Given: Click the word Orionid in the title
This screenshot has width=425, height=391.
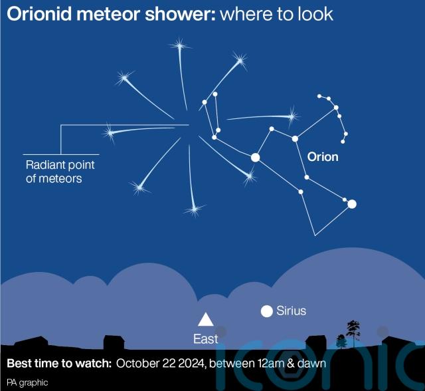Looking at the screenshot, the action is tap(40, 14).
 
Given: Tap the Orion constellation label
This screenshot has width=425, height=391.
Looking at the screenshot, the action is tap(323, 157).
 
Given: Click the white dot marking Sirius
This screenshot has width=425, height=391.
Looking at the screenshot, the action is tap(267, 311).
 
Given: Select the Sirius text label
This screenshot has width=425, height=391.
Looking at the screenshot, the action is tap(291, 311).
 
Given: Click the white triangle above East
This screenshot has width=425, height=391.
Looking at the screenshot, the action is tap(206, 319).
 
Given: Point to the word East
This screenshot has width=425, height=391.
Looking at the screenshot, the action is tap(205, 338).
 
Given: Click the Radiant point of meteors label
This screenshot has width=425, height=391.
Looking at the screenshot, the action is tap(60, 172).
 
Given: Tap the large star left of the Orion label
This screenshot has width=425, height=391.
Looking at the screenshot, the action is tap(255, 158).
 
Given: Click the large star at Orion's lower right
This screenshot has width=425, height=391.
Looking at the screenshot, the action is tap(352, 204).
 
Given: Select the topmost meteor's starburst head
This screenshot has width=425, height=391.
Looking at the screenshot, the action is tap(179, 46).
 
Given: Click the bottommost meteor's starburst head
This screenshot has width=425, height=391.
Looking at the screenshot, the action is tap(194, 209).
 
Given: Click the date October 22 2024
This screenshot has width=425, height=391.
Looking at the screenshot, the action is tap(160, 363).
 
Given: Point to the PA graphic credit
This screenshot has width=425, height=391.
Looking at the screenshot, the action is tap(27, 382).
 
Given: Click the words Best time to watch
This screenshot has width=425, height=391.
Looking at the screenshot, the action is tap(59, 363).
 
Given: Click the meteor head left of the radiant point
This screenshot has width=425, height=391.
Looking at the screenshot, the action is tap(110, 133).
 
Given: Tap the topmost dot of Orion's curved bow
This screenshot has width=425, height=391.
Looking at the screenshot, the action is tap(319, 96).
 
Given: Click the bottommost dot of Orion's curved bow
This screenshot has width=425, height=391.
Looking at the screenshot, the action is tap(343, 142).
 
